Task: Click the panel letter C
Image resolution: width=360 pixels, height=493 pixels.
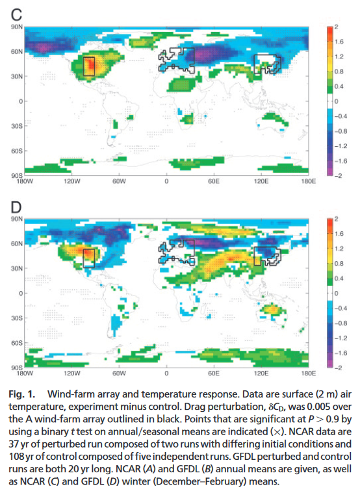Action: (x=16, y=15)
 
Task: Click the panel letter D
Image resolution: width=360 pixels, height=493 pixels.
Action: (x=16, y=207)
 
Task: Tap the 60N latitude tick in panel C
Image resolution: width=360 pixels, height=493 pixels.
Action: (x=17, y=51)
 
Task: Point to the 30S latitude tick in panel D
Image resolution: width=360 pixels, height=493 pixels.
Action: (x=17, y=318)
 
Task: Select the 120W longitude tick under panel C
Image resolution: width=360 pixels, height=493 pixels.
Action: (x=72, y=181)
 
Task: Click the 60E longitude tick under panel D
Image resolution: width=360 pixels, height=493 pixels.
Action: (x=214, y=373)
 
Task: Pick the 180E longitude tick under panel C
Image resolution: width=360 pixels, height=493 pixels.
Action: (x=309, y=181)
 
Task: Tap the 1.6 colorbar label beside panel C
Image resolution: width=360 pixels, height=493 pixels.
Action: (x=339, y=42)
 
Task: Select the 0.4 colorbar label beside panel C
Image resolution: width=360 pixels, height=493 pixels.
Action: (x=339, y=86)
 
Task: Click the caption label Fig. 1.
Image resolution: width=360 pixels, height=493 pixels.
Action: (x=22, y=394)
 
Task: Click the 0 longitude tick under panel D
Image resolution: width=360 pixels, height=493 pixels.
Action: (x=166, y=373)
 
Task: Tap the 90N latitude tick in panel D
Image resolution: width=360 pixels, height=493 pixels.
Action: (x=17, y=219)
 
